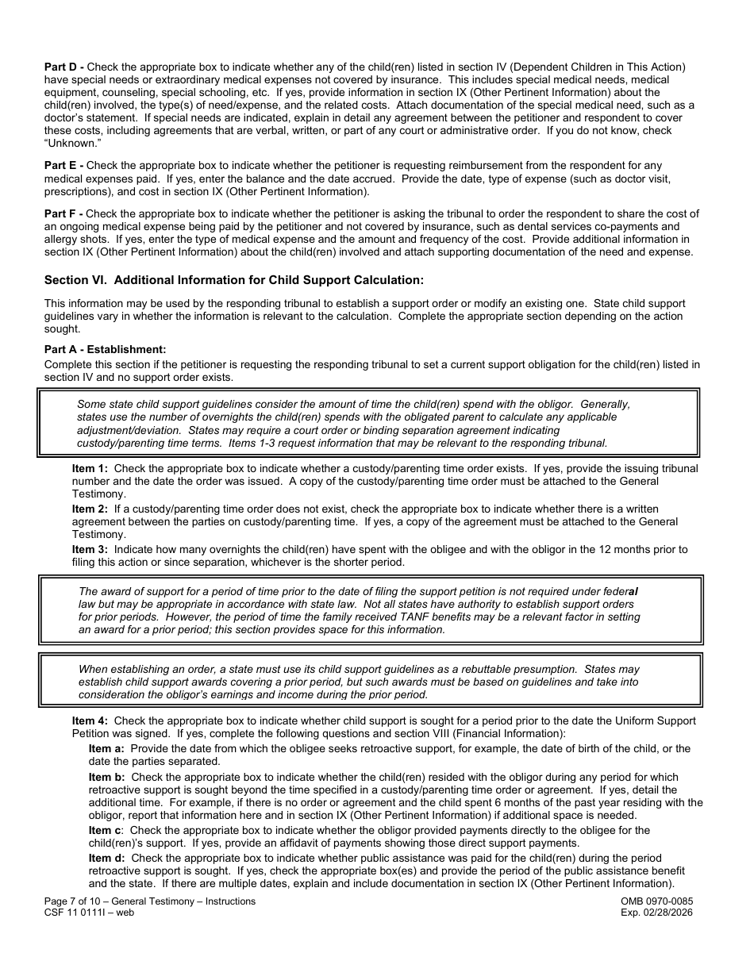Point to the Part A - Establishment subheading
[105, 349]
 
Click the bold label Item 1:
[90, 468]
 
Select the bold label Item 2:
[90, 509]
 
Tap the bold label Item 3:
[90, 549]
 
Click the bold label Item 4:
[90, 720]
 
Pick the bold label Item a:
[106, 748]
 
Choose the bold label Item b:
[106, 777]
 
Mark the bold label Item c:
[106, 830]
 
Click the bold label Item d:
[106, 858]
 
